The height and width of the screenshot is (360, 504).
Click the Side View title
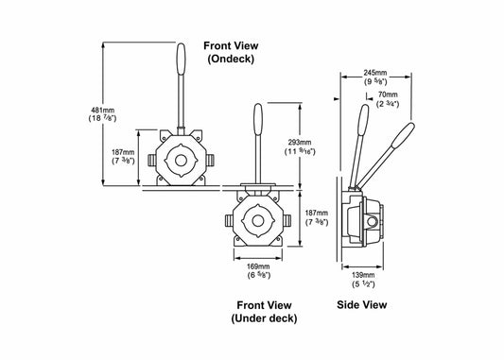[361, 304]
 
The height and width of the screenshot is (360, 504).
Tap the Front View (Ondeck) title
[231, 52]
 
